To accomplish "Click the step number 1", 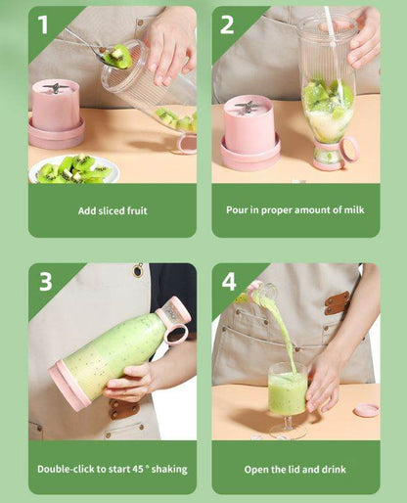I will tap(42, 23).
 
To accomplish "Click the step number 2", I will tap(227, 23).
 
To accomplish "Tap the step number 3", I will tap(45, 282).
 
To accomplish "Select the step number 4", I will tap(228, 282).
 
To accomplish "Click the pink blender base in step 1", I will tap(56, 115).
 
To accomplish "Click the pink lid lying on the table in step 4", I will tap(367, 408).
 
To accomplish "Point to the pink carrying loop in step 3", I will tap(176, 335).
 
